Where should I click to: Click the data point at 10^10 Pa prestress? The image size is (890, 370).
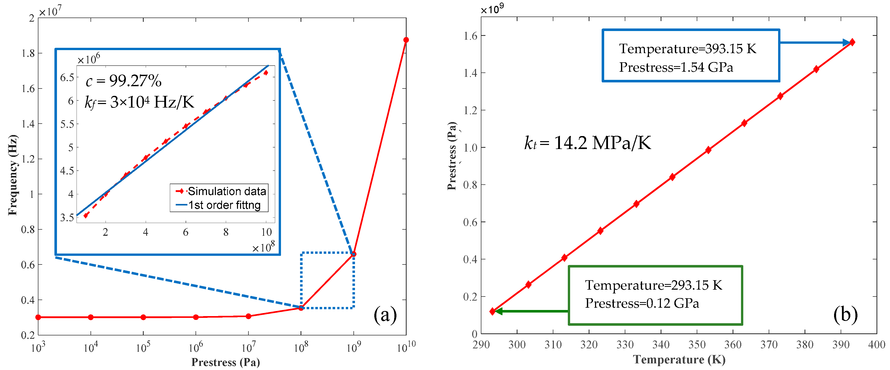[406, 40]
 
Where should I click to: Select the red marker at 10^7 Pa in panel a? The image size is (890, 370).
[248, 316]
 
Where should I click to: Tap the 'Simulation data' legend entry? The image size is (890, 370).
[226, 191]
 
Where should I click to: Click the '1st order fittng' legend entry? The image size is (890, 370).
[224, 205]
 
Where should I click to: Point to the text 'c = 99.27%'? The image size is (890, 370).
[123, 81]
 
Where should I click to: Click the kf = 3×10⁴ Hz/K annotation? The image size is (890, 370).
[139, 102]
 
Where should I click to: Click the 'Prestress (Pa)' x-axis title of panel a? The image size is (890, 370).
[226, 362]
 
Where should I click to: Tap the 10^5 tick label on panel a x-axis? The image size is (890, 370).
[143, 347]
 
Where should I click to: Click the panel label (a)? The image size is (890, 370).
[385, 315]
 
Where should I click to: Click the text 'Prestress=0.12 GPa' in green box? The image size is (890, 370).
[642, 303]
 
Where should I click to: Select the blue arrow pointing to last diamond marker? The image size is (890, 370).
[815, 42]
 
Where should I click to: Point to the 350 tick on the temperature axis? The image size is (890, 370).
[696, 344]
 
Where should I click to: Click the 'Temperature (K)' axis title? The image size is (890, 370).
[679, 360]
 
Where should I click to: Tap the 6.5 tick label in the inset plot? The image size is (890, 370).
[67, 77]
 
